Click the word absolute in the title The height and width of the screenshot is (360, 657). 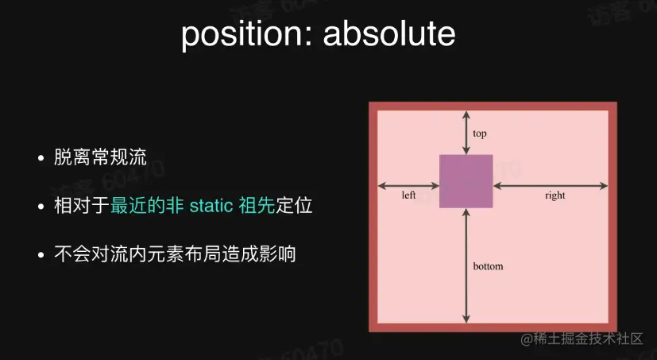click(388, 33)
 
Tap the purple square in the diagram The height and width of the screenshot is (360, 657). click(466, 181)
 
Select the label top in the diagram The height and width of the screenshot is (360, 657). click(480, 134)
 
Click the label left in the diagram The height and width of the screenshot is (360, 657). click(408, 195)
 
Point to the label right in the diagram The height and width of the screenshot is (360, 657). click(555, 195)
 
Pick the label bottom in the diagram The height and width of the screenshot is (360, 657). click(488, 266)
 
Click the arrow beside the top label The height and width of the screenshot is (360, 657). click(466, 133)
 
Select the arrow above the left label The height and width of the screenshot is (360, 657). click(408, 186)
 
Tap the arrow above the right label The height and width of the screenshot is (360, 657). click(551, 186)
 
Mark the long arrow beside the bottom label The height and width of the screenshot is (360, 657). click(466, 265)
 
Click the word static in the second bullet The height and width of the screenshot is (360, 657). click(211, 206)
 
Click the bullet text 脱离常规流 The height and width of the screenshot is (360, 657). click(101, 157)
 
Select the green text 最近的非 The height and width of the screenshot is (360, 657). click(147, 206)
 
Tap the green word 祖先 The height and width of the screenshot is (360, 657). click(257, 206)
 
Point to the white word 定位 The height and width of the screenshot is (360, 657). click(294, 206)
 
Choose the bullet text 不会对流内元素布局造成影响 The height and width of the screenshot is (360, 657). click(175, 254)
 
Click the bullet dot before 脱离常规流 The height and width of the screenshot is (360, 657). click(41, 158)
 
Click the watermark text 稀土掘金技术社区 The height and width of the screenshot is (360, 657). click(588, 339)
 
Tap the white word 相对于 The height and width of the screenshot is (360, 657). click(82, 206)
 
